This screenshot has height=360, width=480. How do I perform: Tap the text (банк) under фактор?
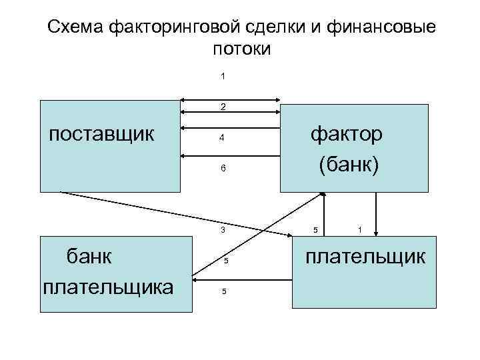349,164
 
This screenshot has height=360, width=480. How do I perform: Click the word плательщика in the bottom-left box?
108,287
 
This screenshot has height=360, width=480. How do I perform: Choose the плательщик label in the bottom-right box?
365,256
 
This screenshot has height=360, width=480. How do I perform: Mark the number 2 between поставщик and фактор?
223,107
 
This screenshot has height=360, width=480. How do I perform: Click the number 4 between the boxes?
223,139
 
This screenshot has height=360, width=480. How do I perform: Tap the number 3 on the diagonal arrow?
223,230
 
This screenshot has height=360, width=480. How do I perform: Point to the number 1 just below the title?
223,76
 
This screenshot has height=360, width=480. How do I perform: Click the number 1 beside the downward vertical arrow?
360,230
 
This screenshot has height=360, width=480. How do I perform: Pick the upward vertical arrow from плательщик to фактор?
324,213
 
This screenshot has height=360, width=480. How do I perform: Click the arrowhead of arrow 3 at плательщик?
287,236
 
